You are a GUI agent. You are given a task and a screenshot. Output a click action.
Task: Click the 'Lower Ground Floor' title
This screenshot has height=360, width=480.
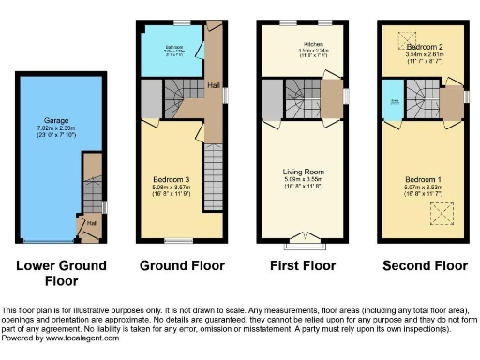click(x=61, y=272)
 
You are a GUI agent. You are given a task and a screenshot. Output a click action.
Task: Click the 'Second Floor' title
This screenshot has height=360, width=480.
click(x=425, y=265)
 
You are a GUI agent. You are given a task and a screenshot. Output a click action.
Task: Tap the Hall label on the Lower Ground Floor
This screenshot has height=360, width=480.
click(x=92, y=223)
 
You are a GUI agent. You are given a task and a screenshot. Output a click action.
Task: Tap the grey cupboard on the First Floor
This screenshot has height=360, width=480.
click(x=272, y=98)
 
